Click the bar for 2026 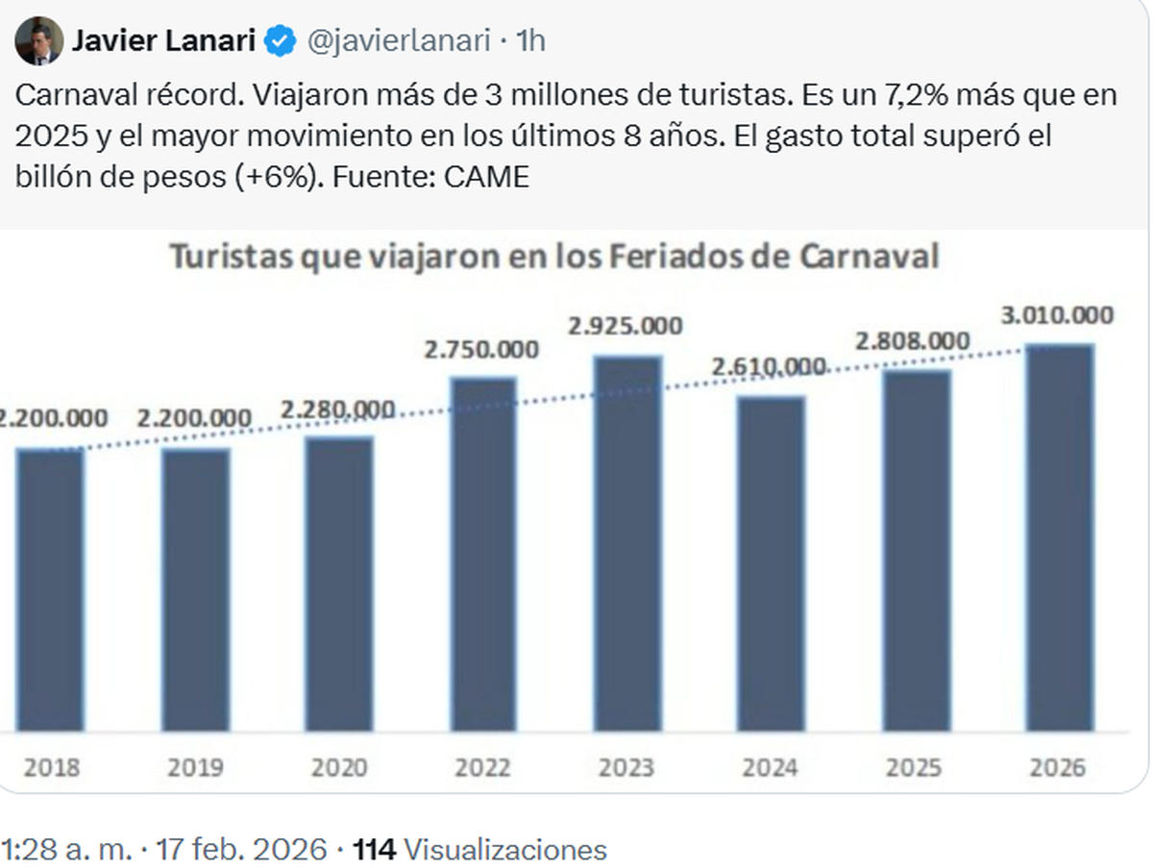[x=1060, y=538]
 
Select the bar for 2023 [x=627, y=543]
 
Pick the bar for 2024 [x=772, y=563]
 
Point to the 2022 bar [x=483, y=554]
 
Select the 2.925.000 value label [x=625, y=326]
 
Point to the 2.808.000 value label [x=913, y=341]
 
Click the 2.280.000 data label [x=338, y=410]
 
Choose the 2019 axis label [x=195, y=767]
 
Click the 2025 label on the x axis [x=914, y=767]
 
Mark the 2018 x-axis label [x=51, y=767]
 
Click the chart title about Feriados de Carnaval [x=554, y=258]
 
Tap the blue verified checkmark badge [x=281, y=41]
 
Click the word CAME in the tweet [x=489, y=177]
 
